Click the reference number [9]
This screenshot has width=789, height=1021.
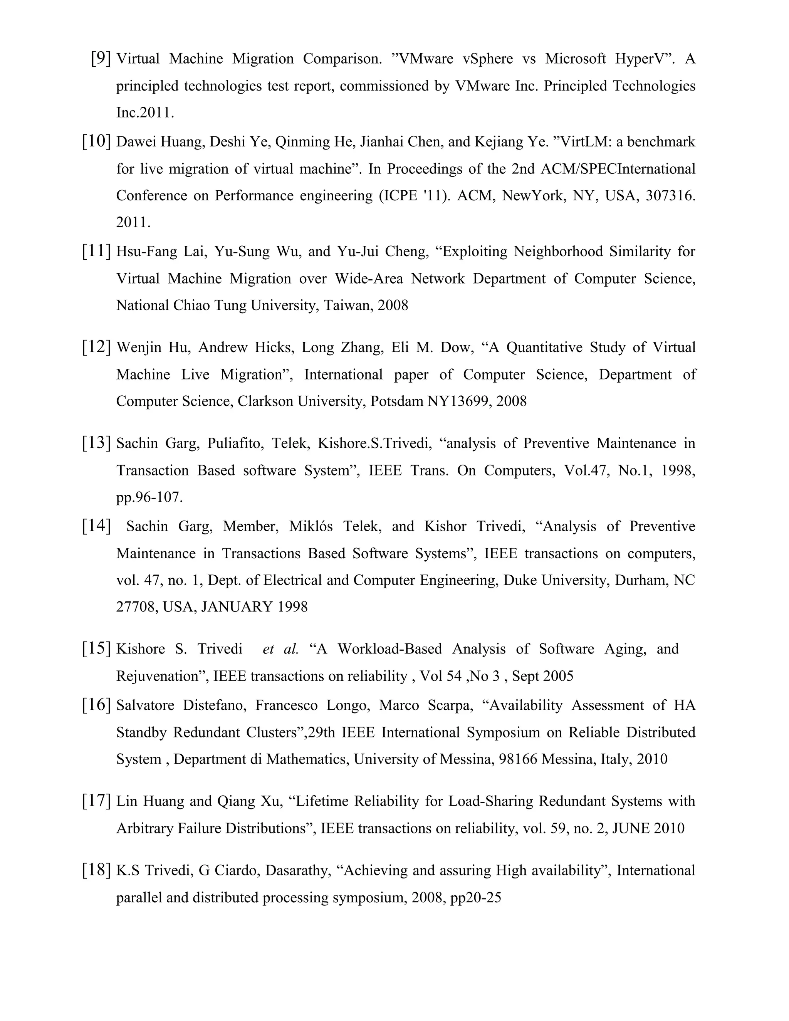point(101,59)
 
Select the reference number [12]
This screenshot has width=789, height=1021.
point(96,347)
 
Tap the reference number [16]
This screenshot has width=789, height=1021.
point(96,705)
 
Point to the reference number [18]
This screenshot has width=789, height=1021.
point(96,870)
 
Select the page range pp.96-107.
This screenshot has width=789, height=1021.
point(149,497)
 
